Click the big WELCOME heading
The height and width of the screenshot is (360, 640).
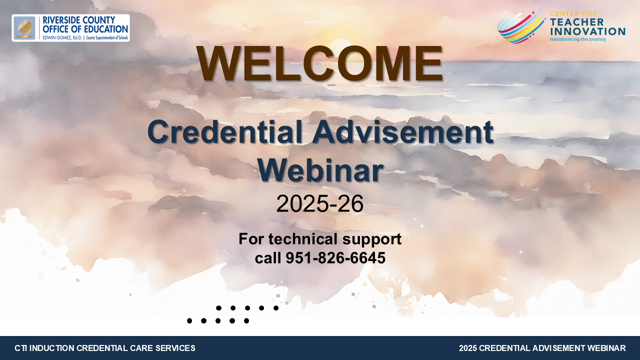pos(319,63)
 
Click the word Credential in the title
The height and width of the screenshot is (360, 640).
pos(225,132)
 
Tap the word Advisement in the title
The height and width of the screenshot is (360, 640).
pos(402,132)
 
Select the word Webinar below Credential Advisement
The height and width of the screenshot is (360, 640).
pos(320,170)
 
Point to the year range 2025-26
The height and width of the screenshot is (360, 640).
pos(319,203)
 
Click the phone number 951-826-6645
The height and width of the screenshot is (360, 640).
pos(335,257)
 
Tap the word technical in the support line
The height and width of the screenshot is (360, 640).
pos(302,239)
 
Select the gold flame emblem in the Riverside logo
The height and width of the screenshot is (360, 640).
pos(24,28)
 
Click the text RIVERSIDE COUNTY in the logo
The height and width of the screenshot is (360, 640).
pos(79,20)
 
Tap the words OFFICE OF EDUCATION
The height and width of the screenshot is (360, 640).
pos(85,29)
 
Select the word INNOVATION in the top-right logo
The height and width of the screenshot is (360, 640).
pos(587,31)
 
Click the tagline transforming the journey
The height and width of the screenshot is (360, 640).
pos(578,39)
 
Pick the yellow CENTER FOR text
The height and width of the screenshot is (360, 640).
pos(573,13)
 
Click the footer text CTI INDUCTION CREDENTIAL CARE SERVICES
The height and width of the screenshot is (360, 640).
pos(105,348)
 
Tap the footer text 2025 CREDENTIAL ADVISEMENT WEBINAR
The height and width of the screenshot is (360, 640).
pos(542,348)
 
